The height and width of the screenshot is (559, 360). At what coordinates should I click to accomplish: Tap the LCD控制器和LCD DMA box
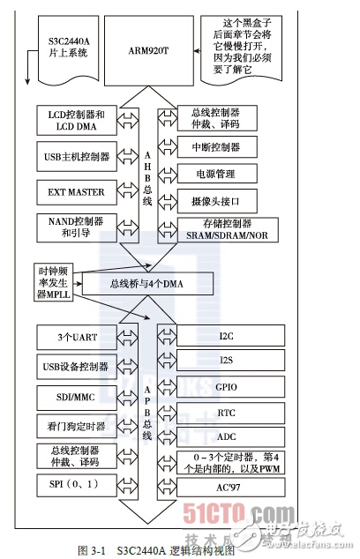(76, 120)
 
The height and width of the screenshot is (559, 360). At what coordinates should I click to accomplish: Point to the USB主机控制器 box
(76, 156)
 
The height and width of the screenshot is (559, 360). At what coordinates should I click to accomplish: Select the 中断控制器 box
(226, 146)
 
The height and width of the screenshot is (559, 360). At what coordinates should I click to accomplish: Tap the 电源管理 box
(226, 173)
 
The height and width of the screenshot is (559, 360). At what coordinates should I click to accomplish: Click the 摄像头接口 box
(226, 199)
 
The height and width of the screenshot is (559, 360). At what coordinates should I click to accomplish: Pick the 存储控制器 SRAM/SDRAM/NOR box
(234, 229)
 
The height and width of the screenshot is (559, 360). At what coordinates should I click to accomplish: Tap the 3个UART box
(76, 336)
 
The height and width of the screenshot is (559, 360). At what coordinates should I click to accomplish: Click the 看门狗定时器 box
(76, 426)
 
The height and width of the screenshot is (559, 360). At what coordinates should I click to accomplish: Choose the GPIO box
(226, 386)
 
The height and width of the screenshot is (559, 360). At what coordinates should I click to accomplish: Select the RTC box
(226, 411)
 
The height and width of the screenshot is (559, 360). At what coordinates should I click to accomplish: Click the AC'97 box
(226, 486)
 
